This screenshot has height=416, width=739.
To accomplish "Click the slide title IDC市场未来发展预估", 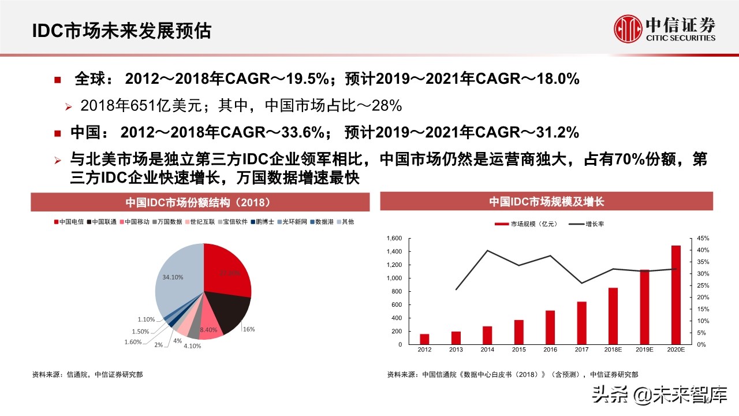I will pos(121,31).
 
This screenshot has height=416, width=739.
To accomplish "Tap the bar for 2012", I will pos(424,339).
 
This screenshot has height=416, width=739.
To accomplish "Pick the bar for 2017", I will pos(581,323).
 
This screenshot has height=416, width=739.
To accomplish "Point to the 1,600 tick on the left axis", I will pos(393,239).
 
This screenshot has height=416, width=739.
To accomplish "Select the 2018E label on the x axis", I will pos(613,350).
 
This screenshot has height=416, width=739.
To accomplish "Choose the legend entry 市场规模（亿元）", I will pos(524,224).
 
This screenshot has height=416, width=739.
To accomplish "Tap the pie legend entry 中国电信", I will pos(70,222).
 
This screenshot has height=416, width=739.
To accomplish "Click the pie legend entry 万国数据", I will pos(169,222).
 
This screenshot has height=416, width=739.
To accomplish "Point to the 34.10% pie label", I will pos(173,277).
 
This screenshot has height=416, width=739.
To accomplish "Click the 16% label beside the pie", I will pos(249,329).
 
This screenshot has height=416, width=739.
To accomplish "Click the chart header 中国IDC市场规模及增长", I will pos(546,202).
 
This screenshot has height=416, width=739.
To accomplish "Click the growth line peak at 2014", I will pos(487,250).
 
